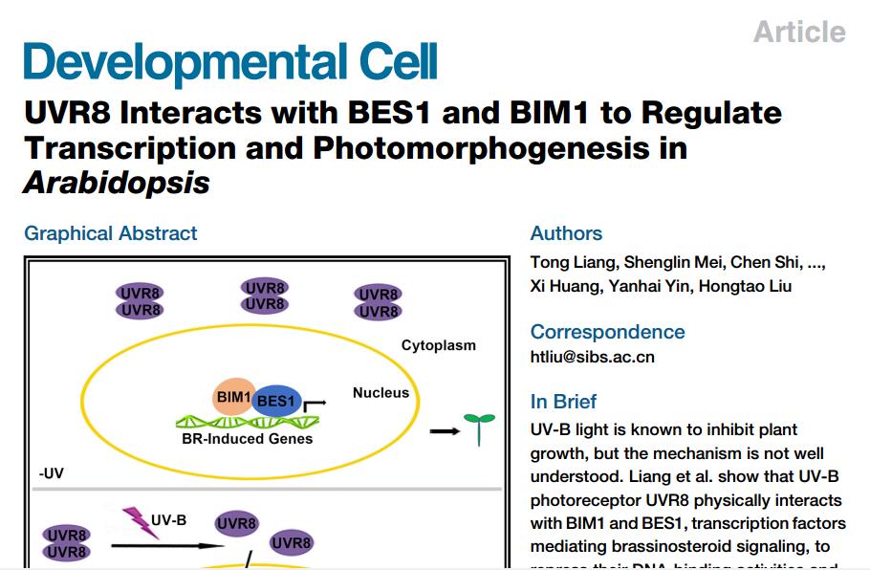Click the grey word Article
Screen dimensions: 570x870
799,32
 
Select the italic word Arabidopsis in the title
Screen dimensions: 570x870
117,182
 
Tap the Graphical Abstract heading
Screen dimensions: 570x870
111,233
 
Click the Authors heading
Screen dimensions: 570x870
566,233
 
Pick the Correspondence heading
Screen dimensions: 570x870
607,332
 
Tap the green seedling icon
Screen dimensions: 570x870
479,427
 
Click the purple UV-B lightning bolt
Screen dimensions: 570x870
137,522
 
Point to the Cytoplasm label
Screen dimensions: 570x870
438,345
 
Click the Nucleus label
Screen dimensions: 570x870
381,392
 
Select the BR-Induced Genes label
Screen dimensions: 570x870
247,439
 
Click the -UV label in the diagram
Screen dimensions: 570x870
52,473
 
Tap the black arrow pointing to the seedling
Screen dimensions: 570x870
443,431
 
